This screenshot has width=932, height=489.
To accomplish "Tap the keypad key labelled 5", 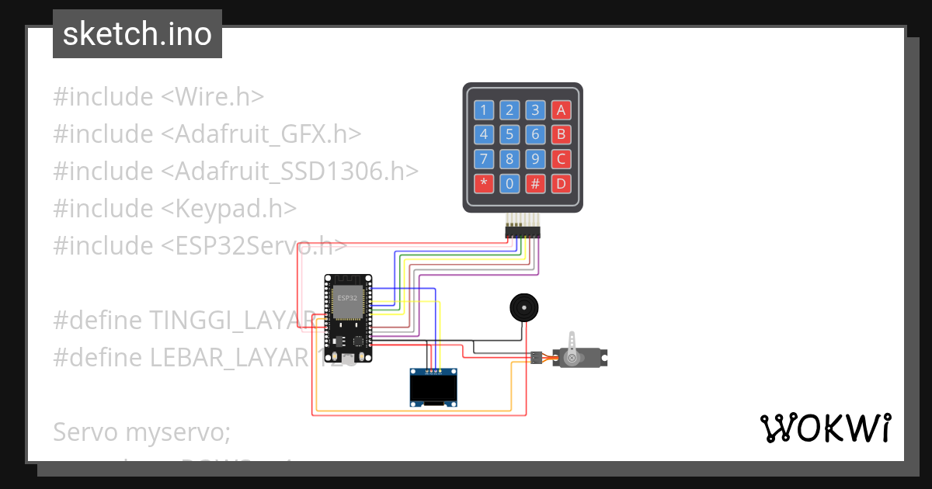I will tap(509, 134).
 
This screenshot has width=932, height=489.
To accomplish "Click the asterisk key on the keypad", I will tap(484, 184).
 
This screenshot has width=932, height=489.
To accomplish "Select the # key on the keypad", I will tap(535, 184).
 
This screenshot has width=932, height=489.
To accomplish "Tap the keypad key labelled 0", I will tap(509, 184).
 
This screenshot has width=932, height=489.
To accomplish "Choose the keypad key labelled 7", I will tap(484, 159).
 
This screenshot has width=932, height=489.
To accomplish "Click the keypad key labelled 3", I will tap(535, 109).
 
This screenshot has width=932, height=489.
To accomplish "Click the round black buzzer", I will tap(524, 308).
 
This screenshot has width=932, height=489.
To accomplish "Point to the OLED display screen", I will tap(433, 389).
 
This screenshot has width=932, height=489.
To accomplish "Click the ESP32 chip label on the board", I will tap(347, 298).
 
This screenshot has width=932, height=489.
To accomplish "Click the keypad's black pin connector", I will tap(523, 231).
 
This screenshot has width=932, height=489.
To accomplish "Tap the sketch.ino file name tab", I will tap(137, 34).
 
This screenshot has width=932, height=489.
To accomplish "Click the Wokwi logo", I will tap(825, 428).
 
